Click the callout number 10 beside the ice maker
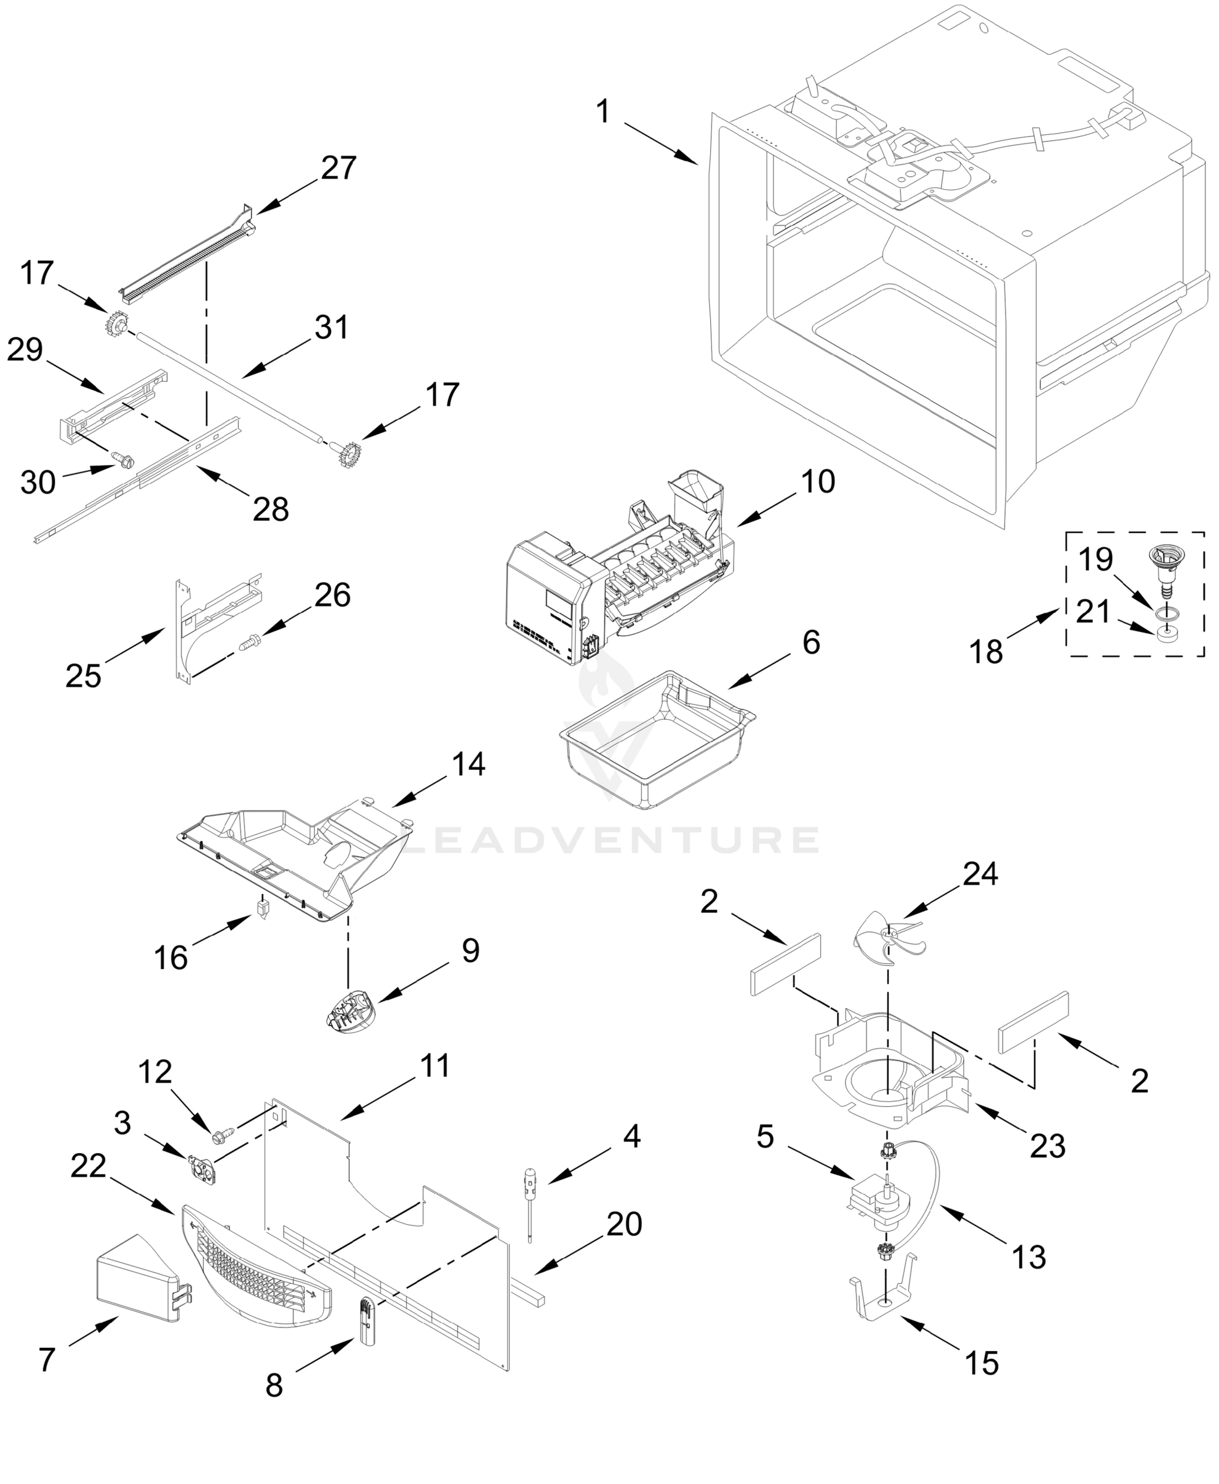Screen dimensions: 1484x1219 pyautogui.click(x=818, y=482)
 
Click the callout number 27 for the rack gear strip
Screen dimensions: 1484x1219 pyautogui.click(x=339, y=168)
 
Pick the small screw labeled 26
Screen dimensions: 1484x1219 pyautogui.click(x=251, y=641)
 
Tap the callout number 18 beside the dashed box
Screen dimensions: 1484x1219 pyautogui.click(x=986, y=652)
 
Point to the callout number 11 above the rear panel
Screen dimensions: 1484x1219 pyautogui.click(x=435, y=1065)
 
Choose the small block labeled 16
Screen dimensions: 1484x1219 pyautogui.click(x=263, y=911)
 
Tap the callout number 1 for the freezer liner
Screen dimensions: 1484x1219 pyautogui.click(x=603, y=112)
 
